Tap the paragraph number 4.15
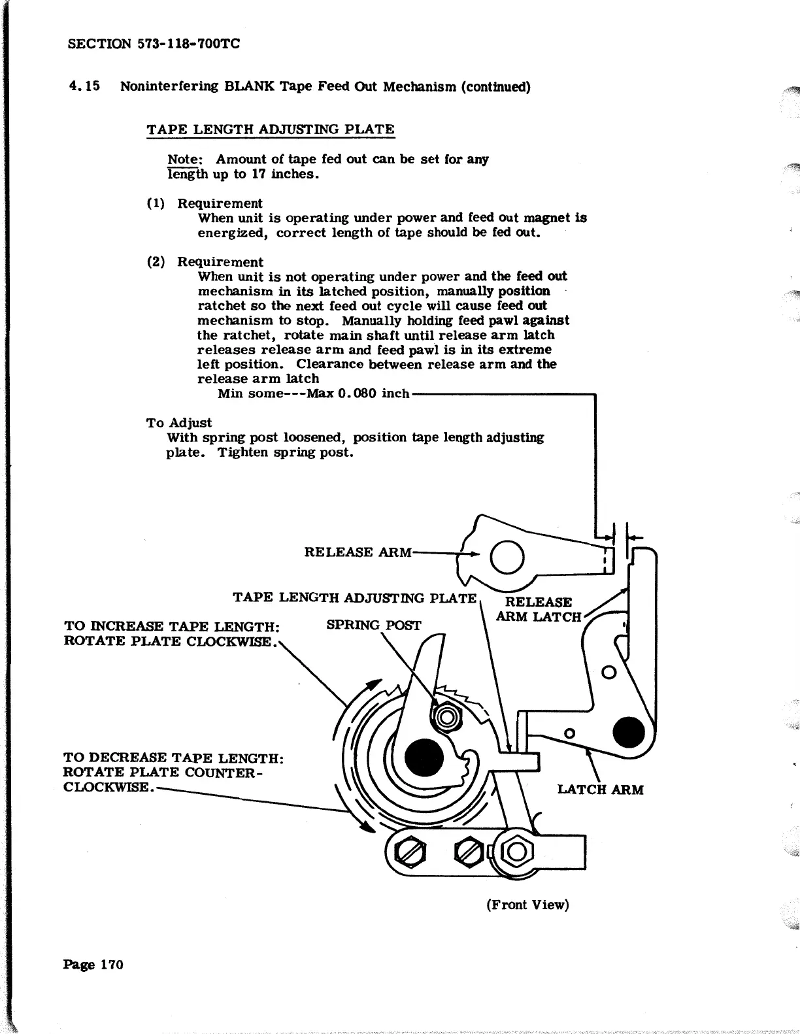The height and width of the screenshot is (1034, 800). pyautogui.click(x=84, y=87)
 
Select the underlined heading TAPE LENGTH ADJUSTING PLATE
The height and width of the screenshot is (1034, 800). pyautogui.click(x=271, y=129)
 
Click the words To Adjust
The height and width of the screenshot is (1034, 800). pyautogui.click(x=178, y=423)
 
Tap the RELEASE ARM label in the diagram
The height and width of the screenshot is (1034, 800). pyautogui.click(x=358, y=552)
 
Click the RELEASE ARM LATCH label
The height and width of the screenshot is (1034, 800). pyautogui.click(x=538, y=609)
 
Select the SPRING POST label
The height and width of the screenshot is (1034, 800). pyautogui.click(x=373, y=625)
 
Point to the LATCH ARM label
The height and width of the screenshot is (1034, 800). pyautogui.click(x=600, y=790)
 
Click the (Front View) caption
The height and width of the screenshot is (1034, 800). pyautogui.click(x=527, y=905)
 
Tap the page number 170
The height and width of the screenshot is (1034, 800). pyautogui.click(x=111, y=964)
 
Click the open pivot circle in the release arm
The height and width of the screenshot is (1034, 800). pyautogui.click(x=507, y=558)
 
